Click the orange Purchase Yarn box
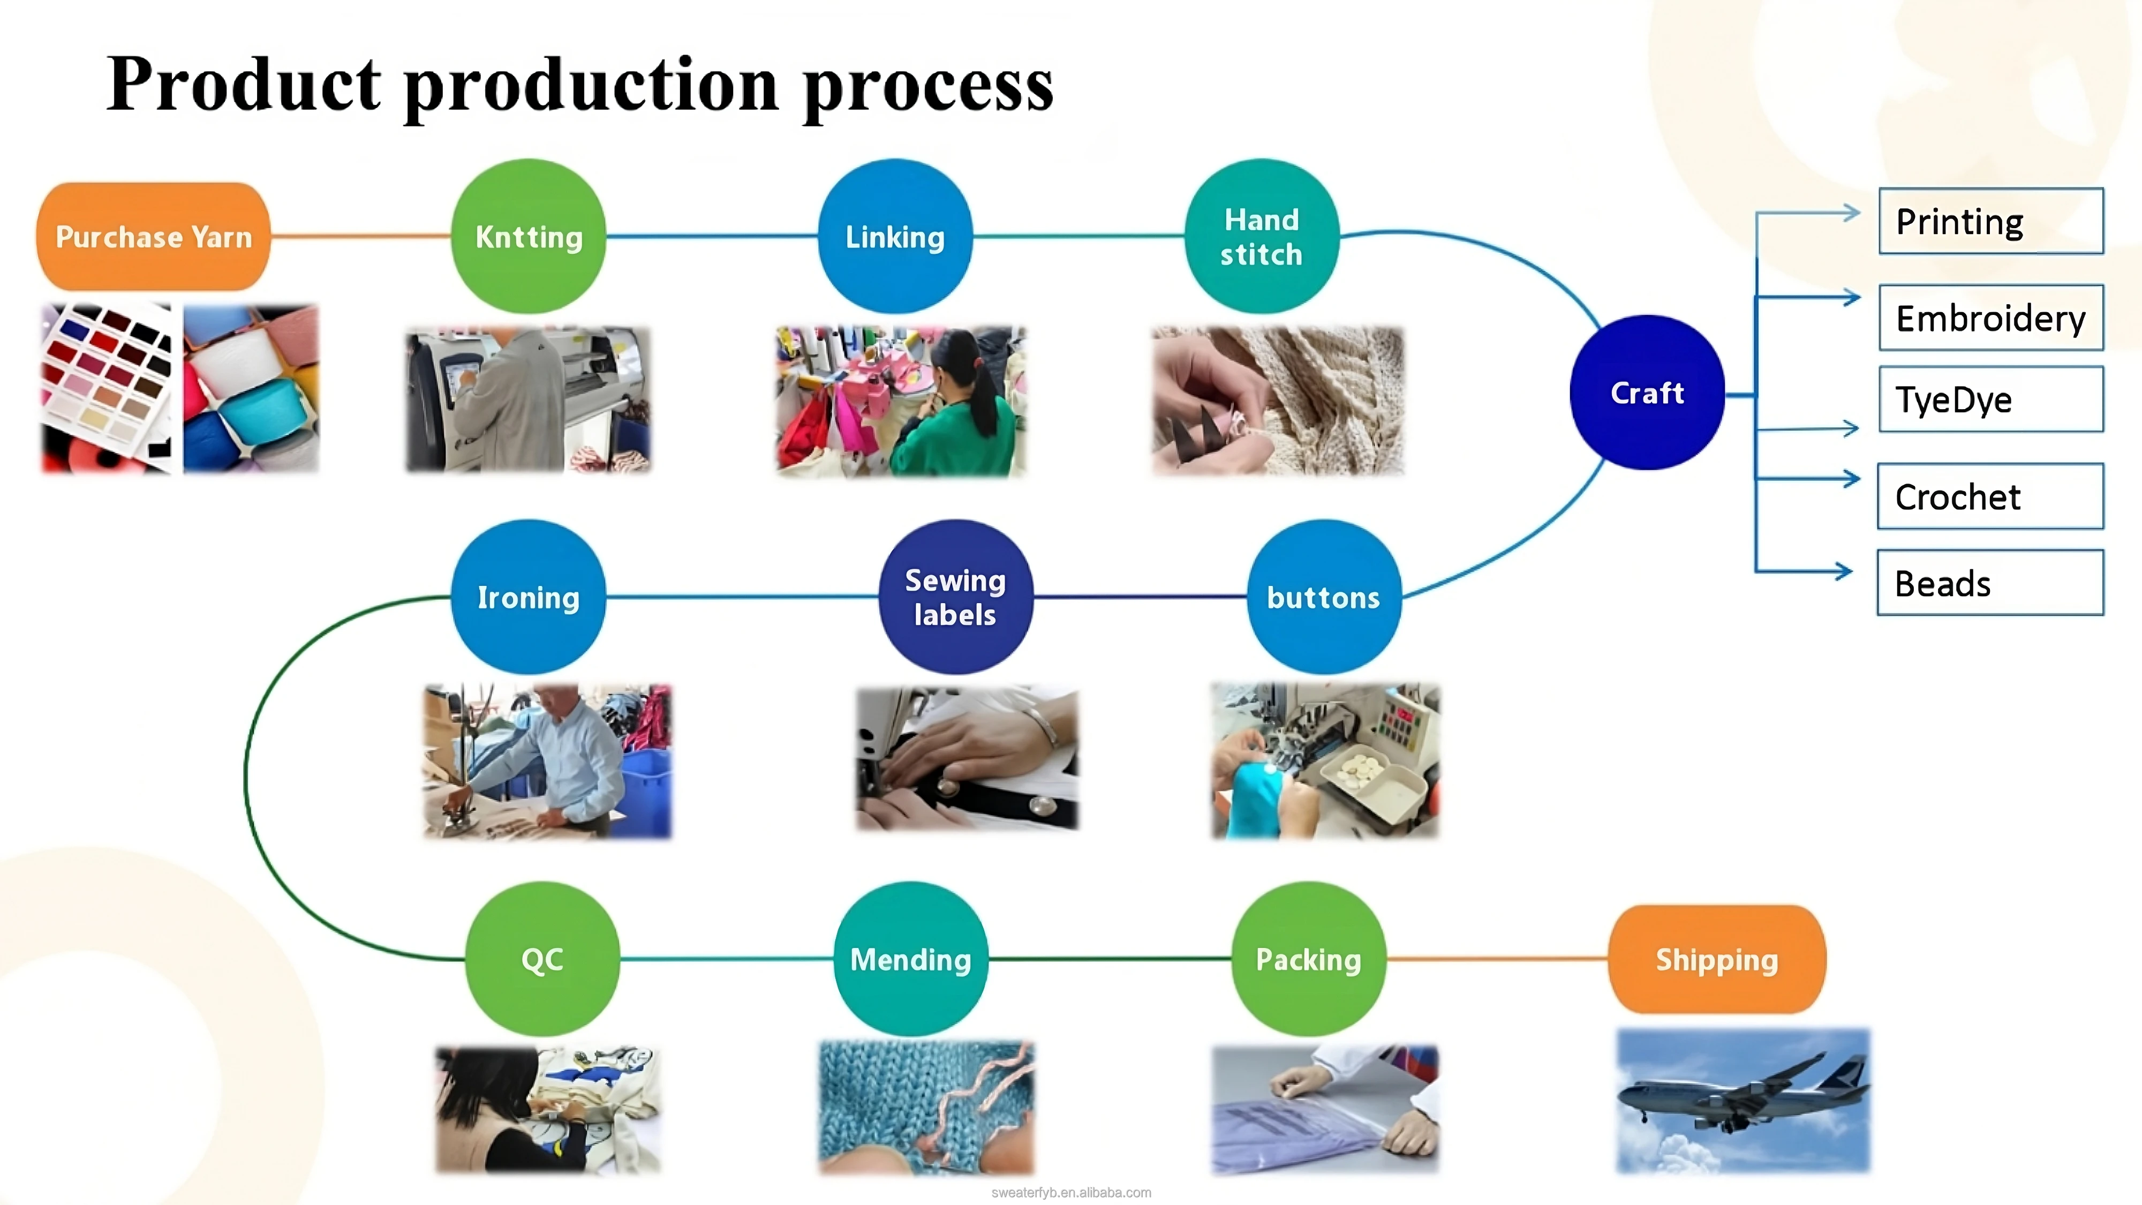pos(153,237)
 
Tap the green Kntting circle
pos(529,237)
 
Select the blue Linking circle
pos(895,237)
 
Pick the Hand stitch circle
pos(1262,237)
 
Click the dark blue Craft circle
pos(1647,393)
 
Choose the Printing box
pos(1990,221)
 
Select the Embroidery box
pos(1990,318)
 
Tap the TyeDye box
pos(1990,399)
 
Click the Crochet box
pos(1990,496)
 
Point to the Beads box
pos(1990,583)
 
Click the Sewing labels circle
pos(955,597)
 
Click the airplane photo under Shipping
pos(1743,1101)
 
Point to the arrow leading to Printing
pos(1813,213)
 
